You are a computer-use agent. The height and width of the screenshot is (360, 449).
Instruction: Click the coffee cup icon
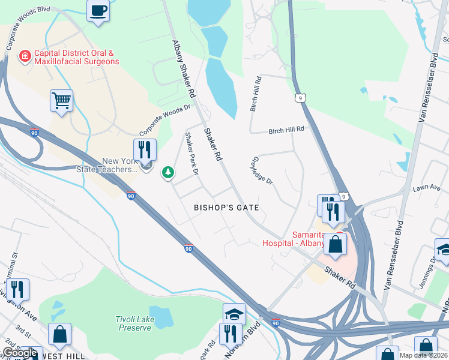click(x=98, y=10)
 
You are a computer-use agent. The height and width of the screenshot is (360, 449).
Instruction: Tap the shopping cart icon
click(x=61, y=100)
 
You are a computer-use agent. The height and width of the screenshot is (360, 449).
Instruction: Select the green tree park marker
click(x=168, y=173)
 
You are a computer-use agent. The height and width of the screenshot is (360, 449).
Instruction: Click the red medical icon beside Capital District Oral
click(x=25, y=56)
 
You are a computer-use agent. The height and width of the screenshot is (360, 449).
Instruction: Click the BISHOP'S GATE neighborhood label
click(x=226, y=208)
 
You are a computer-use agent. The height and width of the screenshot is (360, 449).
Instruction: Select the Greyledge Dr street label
click(x=261, y=172)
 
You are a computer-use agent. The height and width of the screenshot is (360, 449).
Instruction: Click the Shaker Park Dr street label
click(x=191, y=154)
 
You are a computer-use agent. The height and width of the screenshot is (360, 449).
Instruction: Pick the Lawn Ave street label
click(x=427, y=188)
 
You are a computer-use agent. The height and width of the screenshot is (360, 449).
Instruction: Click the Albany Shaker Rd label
click(x=184, y=69)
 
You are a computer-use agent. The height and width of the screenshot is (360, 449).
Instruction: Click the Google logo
click(x=20, y=353)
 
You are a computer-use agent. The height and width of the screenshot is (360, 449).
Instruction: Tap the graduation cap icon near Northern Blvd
click(x=234, y=313)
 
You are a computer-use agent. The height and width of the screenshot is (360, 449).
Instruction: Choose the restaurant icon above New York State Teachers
click(x=145, y=149)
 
